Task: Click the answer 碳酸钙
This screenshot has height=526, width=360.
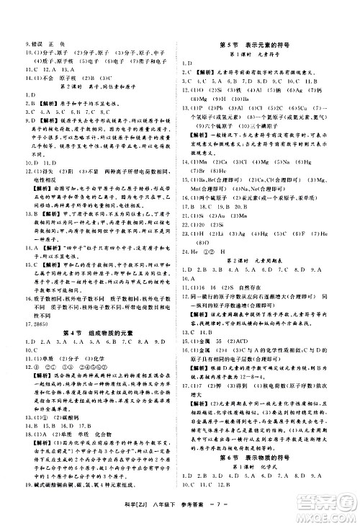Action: pyautogui.click(x=59, y=396)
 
